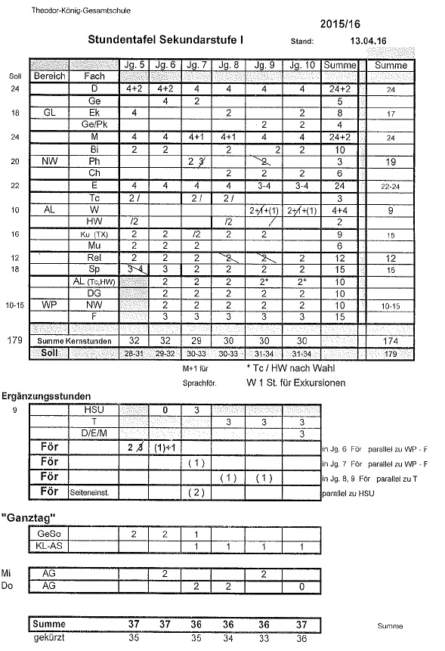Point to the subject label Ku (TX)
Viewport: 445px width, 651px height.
(94, 234)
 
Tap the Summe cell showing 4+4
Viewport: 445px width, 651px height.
(340, 210)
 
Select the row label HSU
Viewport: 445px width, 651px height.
(94, 409)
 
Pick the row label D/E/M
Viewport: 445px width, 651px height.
(94, 433)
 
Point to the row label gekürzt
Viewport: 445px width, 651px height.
(48, 638)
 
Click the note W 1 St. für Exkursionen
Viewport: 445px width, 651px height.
(295, 383)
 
